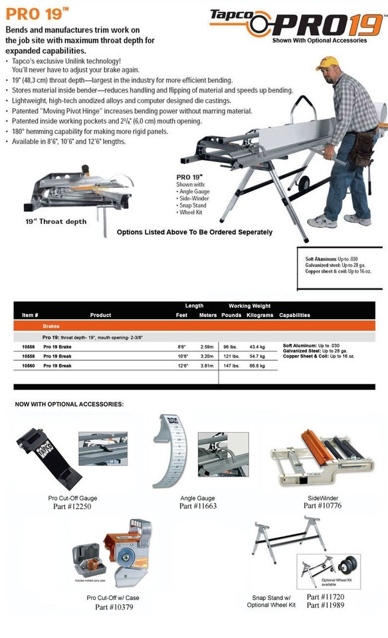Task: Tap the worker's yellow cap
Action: coord(327,63)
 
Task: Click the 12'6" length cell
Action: coord(182,366)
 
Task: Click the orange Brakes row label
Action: coord(51,327)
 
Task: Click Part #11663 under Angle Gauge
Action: coord(198,506)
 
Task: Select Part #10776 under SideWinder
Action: coord(323,505)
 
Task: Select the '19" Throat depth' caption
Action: coord(56,221)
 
